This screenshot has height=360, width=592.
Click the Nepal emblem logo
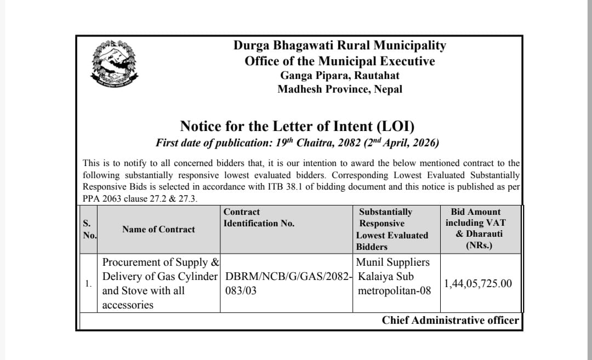(114, 65)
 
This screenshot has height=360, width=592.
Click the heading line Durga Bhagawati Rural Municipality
(340, 45)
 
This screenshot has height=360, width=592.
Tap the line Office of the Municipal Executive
(340, 61)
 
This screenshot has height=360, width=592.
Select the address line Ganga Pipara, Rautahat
(340, 75)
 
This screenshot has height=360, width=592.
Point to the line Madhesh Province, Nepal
(340, 89)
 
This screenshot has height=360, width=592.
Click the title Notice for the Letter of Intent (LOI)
(297, 126)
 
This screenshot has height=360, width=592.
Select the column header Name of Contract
(158, 229)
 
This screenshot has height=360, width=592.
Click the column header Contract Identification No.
(259, 218)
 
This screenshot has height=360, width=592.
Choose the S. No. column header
(89, 229)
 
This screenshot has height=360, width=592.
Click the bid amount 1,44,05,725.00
(478, 283)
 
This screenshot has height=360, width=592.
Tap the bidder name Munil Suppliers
(393, 262)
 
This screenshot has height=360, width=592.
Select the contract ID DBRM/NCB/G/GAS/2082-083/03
(287, 283)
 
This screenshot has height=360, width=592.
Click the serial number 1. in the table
(88, 284)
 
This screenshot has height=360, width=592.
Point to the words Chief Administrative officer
(450, 321)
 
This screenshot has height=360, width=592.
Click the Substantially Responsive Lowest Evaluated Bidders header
(392, 229)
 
